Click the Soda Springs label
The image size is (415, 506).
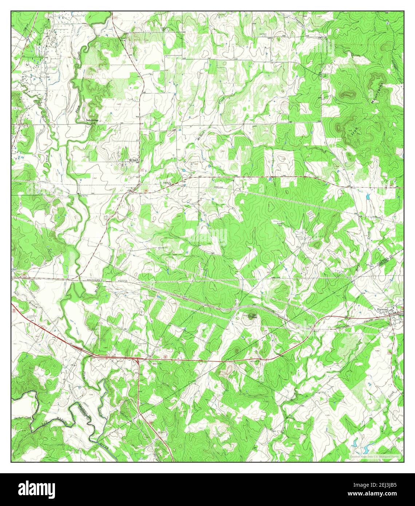(92, 120)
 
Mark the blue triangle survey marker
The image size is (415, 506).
(179, 129)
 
